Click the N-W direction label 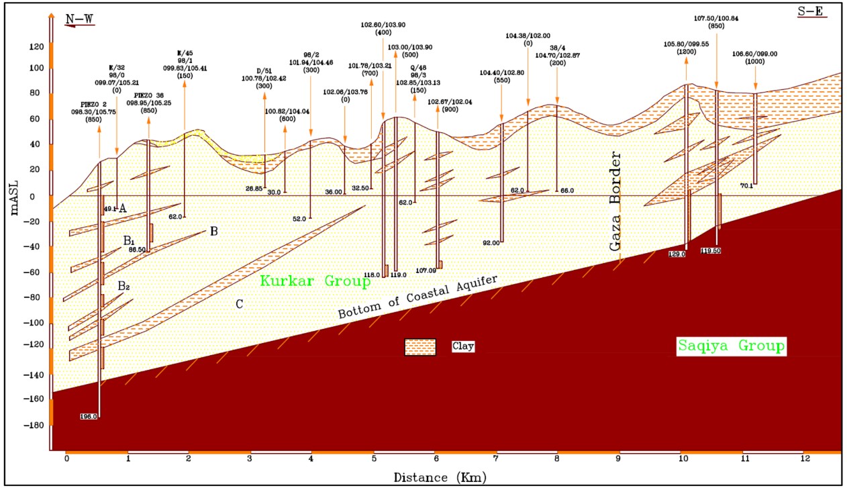(x=80, y=18)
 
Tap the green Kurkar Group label (x=315, y=281)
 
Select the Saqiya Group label (x=730, y=346)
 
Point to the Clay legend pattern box (x=420, y=347)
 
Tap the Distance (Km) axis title (x=440, y=477)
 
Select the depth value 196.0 (x=89, y=416)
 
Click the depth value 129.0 (x=677, y=254)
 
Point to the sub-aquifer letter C (x=238, y=304)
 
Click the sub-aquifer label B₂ (x=124, y=287)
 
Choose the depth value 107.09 (x=426, y=271)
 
